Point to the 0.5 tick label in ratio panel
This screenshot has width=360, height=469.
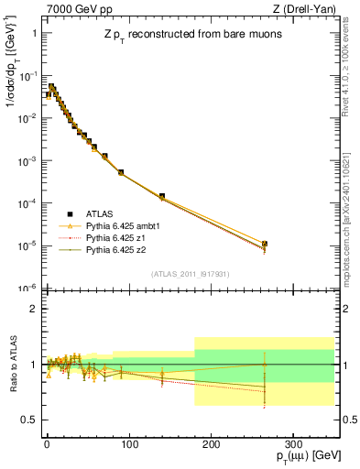[x=27, y=420]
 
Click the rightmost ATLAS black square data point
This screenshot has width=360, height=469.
[x=265, y=245]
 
